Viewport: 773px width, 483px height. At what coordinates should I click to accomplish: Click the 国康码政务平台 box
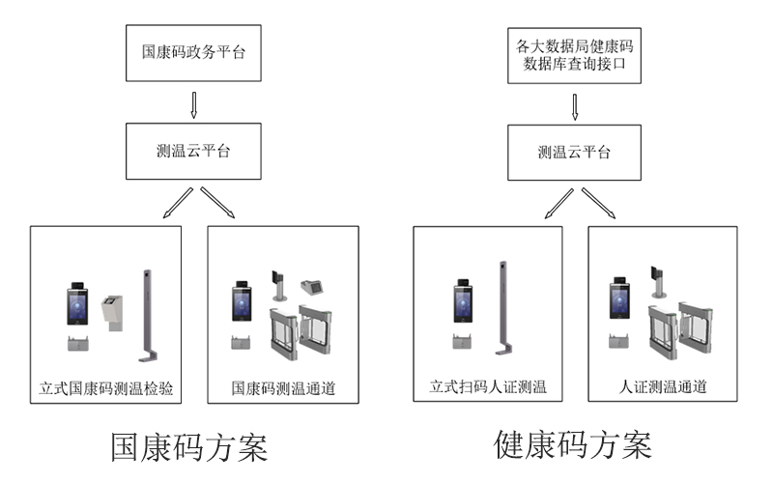(x=193, y=52)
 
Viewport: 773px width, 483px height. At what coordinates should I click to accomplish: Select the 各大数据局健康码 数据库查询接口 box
(x=577, y=52)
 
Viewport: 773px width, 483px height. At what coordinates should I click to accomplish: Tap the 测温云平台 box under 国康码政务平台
(x=193, y=153)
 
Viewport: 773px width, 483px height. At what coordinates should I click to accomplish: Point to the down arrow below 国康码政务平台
(x=193, y=104)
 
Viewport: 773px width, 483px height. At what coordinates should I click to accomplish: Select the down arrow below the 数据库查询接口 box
(x=577, y=104)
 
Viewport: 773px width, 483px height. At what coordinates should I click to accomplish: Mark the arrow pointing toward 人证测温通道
(x=600, y=204)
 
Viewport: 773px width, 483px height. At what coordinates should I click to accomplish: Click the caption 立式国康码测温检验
(x=107, y=388)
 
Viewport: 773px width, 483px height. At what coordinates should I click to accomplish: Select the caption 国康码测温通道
(x=283, y=388)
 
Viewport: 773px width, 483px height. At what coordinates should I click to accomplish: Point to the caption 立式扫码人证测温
(x=488, y=388)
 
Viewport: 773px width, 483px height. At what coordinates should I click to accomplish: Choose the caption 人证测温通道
(x=663, y=388)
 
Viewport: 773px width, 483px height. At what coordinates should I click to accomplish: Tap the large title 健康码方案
(x=573, y=445)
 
